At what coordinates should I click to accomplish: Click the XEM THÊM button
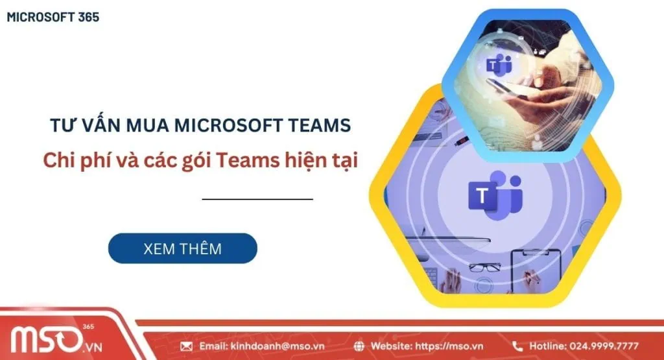pyautogui.click(x=182, y=248)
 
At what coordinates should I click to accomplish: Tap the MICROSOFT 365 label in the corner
pyautogui.click(x=53, y=18)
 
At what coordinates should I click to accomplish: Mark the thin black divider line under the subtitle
pyautogui.click(x=257, y=199)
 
